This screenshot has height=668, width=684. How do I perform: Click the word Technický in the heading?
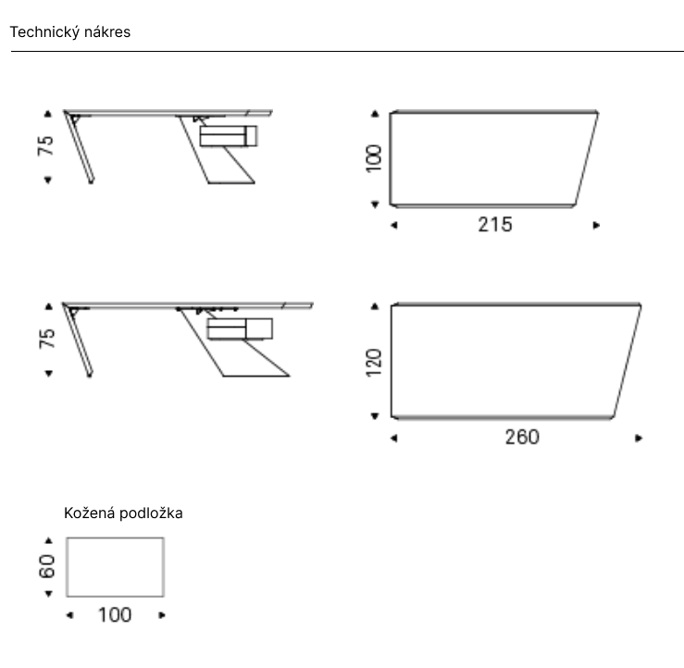(44, 32)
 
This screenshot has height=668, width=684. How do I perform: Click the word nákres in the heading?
(107, 31)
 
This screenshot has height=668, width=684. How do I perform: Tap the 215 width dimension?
(495, 225)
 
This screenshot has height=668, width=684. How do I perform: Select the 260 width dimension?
(522, 438)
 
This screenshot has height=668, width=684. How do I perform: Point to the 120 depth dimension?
(374, 363)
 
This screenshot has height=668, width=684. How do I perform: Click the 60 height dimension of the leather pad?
(46, 566)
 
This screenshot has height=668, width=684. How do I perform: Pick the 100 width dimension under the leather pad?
(115, 615)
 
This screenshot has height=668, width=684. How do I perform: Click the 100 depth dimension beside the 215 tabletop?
(374, 159)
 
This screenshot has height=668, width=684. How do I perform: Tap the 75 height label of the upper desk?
(45, 145)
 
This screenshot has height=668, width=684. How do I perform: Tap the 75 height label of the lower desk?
(46, 339)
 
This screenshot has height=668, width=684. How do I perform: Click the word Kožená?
(90, 513)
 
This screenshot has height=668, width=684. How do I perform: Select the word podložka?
(151, 513)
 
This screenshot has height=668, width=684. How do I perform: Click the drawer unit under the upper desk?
(229, 136)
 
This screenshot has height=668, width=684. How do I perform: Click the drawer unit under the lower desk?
(240, 328)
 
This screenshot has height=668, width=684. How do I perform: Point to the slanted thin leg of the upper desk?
(80, 147)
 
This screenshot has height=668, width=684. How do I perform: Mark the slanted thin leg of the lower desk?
(78, 340)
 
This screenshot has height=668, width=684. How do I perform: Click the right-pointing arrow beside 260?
(639, 439)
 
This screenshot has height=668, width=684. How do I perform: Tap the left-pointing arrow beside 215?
(394, 226)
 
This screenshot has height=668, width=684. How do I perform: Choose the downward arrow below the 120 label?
(374, 416)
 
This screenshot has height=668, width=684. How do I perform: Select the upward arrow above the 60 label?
(48, 540)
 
